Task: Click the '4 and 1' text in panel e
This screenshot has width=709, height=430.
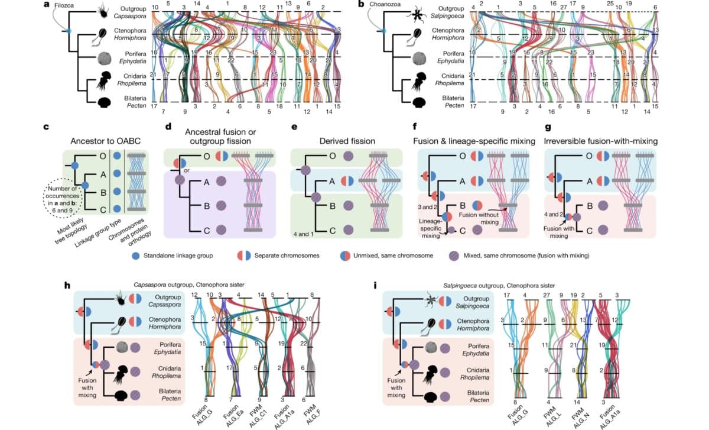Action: (x=303, y=232)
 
